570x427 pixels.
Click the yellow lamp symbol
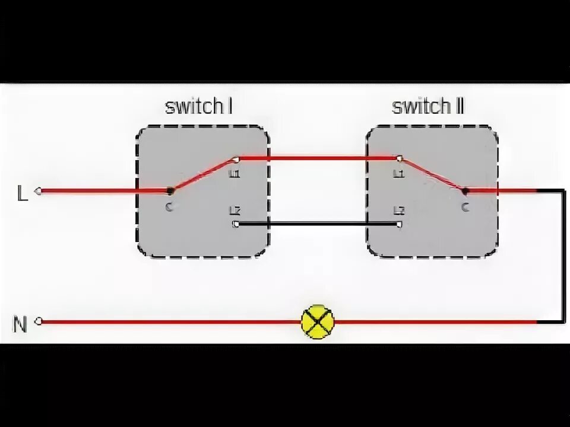(318, 321)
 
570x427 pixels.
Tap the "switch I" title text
(198, 107)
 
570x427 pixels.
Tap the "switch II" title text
(427, 107)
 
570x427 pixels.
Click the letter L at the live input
(23, 193)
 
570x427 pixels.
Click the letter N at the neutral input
(20, 324)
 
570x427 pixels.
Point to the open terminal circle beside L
(39, 191)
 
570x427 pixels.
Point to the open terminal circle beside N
(39, 321)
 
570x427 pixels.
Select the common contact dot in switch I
(170, 191)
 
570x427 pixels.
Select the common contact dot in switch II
(464, 191)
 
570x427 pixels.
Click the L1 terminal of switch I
(236, 159)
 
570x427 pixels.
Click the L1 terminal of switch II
(399, 159)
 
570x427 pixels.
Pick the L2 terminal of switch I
(236, 224)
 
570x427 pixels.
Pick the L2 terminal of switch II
(399, 224)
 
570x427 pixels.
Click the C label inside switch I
(169, 207)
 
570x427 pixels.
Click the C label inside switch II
(465, 207)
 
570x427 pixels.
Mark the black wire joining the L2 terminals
(318, 224)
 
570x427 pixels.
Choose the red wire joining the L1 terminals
(318, 159)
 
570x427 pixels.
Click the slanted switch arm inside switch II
(432, 175)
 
